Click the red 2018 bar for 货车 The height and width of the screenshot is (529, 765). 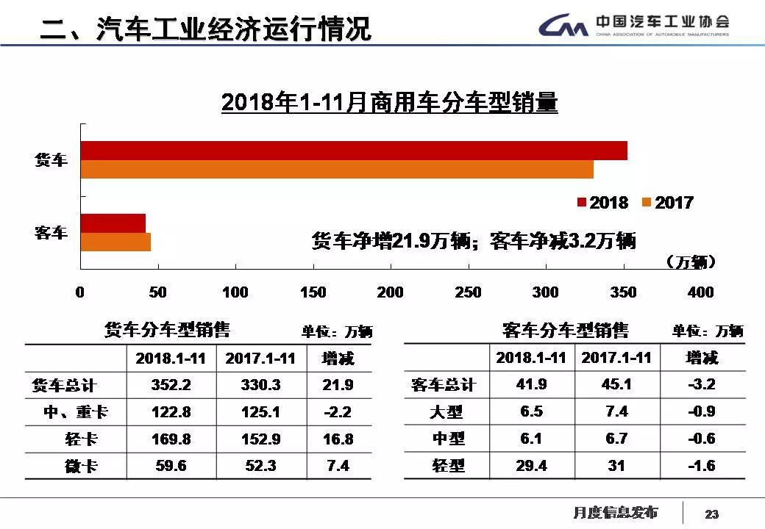point(353,151)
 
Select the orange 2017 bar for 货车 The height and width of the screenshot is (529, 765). point(336,170)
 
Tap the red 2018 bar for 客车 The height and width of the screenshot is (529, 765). point(113,223)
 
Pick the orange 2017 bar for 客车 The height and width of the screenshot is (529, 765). point(115,242)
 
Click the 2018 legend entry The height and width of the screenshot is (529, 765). point(602,203)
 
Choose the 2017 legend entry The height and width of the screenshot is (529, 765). point(667,203)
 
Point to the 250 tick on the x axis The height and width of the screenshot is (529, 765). point(468,292)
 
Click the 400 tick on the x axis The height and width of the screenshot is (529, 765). point(700,292)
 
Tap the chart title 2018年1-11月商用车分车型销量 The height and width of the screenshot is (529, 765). point(389,103)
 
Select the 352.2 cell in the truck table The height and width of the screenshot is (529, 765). point(171,385)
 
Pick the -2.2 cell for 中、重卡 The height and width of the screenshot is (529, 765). point(338,412)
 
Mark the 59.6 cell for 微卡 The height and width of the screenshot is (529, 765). point(171,466)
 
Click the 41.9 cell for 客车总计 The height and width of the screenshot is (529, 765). point(531,384)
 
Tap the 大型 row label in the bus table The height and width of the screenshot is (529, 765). point(447,412)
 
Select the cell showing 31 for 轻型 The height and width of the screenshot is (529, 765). point(616,466)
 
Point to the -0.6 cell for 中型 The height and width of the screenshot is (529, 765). point(701,439)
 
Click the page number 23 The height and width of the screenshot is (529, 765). point(711,514)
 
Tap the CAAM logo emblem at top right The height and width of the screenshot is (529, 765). point(563,26)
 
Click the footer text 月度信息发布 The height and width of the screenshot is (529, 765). point(616,512)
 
